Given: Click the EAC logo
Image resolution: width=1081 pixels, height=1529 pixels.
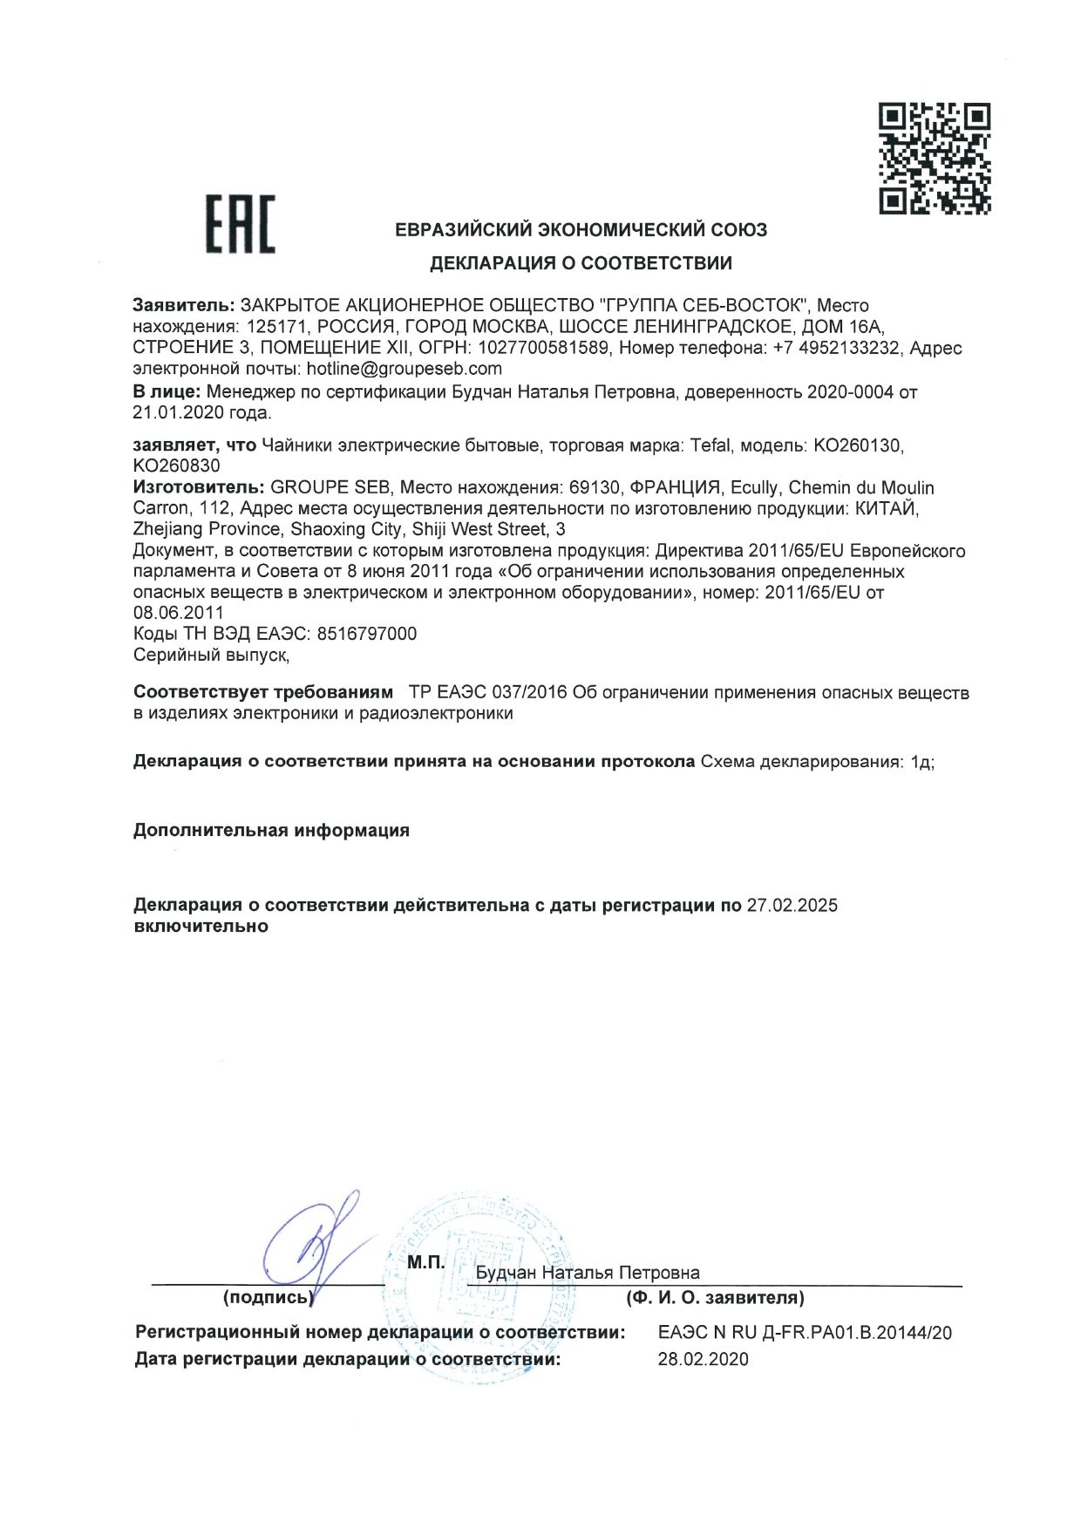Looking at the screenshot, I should tap(240, 224).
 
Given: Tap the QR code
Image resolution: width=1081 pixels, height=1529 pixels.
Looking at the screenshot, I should tap(934, 158).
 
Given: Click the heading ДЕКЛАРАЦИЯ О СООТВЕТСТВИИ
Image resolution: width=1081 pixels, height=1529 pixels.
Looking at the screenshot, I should tap(581, 263).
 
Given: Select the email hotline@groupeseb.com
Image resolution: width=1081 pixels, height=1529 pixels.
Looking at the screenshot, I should tap(405, 369).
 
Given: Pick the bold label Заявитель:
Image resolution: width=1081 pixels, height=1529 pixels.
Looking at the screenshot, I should tap(184, 306).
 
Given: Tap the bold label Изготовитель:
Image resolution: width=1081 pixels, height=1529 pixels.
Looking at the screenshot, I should tap(199, 487).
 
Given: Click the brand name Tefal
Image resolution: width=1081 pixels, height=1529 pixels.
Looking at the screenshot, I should tap(710, 445).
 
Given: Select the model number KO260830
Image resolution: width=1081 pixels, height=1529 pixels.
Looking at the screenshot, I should tap(176, 465).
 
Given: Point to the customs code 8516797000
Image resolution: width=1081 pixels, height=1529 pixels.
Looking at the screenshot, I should tap(367, 634).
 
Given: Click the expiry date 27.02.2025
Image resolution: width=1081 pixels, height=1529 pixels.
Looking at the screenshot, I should tap(792, 905).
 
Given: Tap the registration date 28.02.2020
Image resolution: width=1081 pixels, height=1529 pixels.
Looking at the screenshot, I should tap(703, 1359).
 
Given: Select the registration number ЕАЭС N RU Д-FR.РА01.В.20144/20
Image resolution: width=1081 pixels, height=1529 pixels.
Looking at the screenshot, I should tap(805, 1333).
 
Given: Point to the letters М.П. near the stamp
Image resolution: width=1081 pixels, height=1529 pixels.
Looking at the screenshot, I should tap(425, 1262).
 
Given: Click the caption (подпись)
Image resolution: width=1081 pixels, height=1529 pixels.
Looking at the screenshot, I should tap(268, 1298).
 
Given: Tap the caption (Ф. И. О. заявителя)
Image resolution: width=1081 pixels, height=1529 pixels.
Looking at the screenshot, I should tap(715, 1298).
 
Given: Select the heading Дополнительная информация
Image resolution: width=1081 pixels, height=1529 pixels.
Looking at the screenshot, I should tap(271, 830).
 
